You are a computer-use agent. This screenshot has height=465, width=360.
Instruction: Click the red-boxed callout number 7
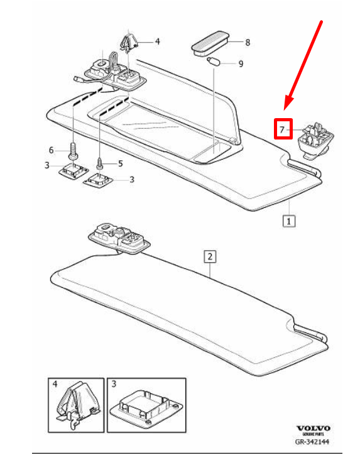[x=281, y=129]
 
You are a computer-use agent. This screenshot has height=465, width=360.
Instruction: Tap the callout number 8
[x=248, y=42]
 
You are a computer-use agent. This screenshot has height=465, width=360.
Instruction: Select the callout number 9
[x=241, y=63]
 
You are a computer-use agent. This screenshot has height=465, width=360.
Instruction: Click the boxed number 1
[x=288, y=221]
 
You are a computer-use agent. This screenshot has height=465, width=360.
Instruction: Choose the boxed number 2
[x=210, y=256]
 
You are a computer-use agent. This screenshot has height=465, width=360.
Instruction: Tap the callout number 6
[x=52, y=150]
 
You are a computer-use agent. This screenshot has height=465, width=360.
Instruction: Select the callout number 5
[x=120, y=163]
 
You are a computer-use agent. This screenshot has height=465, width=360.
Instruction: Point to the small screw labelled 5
[x=101, y=163]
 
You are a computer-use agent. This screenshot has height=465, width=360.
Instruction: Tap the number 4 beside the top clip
[x=158, y=41]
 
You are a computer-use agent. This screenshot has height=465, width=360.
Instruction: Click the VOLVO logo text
[x=314, y=429]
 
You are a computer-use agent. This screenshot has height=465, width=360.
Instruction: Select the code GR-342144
[x=312, y=442]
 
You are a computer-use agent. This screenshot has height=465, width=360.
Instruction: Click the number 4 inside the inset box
[x=55, y=384]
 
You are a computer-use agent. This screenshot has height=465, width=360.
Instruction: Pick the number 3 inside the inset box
[x=114, y=384]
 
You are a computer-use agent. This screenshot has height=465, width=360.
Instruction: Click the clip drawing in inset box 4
[x=77, y=404]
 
